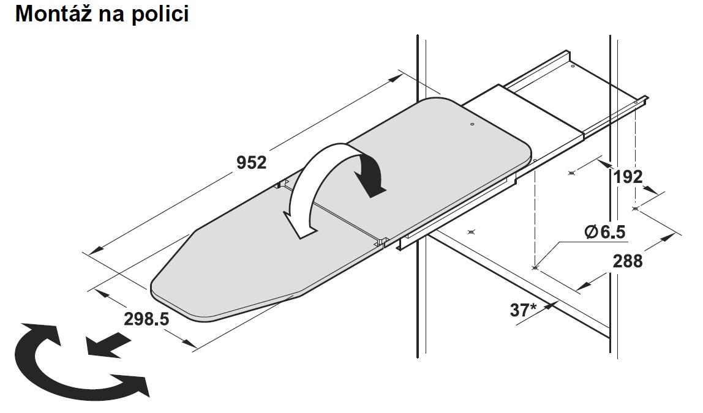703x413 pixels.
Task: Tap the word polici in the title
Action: coord(160,15)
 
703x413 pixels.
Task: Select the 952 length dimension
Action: coord(251,162)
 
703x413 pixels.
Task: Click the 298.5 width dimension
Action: coord(146,319)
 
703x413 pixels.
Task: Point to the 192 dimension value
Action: coord(628,177)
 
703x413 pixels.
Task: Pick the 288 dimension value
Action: coord(628,261)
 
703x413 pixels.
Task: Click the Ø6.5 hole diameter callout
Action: coord(605,231)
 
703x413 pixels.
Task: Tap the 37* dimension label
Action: coord(523,310)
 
